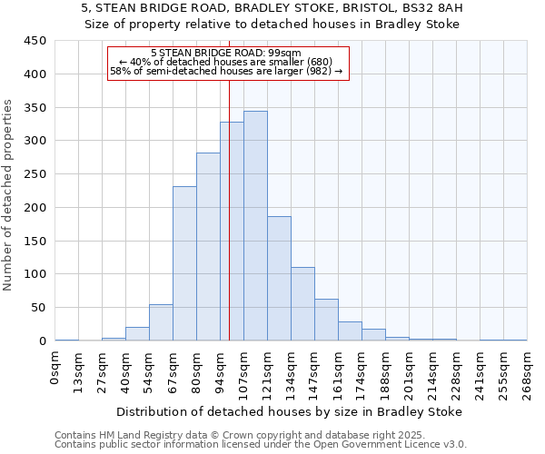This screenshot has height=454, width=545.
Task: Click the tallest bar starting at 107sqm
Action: tap(255, 227)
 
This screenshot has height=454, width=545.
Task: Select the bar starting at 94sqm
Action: tap(232, 232)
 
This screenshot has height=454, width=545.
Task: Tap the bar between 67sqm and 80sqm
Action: tap(184, 263)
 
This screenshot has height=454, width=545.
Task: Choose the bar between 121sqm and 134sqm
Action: tap(279, 278)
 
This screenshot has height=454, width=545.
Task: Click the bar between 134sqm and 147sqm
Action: tap(302, 304)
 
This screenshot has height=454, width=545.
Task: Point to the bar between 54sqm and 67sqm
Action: tap(161, 322)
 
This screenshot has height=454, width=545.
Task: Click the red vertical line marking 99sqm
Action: tap(229, 182)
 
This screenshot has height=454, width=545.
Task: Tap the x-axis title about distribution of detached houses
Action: tap(290, 411)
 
